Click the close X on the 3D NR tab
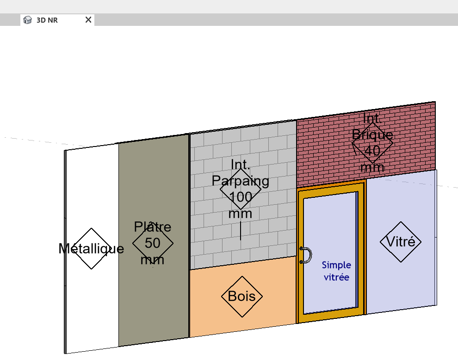pyautogui.click(x=88, y=20)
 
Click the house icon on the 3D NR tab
pyautogui.click(x=27, y=20)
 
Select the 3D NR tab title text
pyautogui.click(x=47, y=20)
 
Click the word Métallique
pyautogui.click(x=91, y=249)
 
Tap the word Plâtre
pyautogui.click(x=153, y=227)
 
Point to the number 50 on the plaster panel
pyautogui.click(x=153, y=243)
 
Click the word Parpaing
pyautogui.click(x=241, y=181)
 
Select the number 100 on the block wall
pyautogui.click(x=241, y=197)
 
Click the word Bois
pyautogui.click(x=242, y=296)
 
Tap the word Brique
pyautogui.click(x=372, y=134)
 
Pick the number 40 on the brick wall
pyautogui.click(x=372, y=151)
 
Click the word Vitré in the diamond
pyautogui.click(x=401, y=242)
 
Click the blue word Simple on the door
pyautogui.click(x=336, y=265)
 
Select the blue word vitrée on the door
pyautogui.click(x=336, y=277)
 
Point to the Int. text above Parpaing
pyautogui.click(x=241, y=165)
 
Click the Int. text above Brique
pyautogui.click(x=372, y=118)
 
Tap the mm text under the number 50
pyautogui.click(x=153, y=260)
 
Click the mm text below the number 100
pyautogui.click(x=241, y=214)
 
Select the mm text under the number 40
pyautogui.click(x=372, y=167)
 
